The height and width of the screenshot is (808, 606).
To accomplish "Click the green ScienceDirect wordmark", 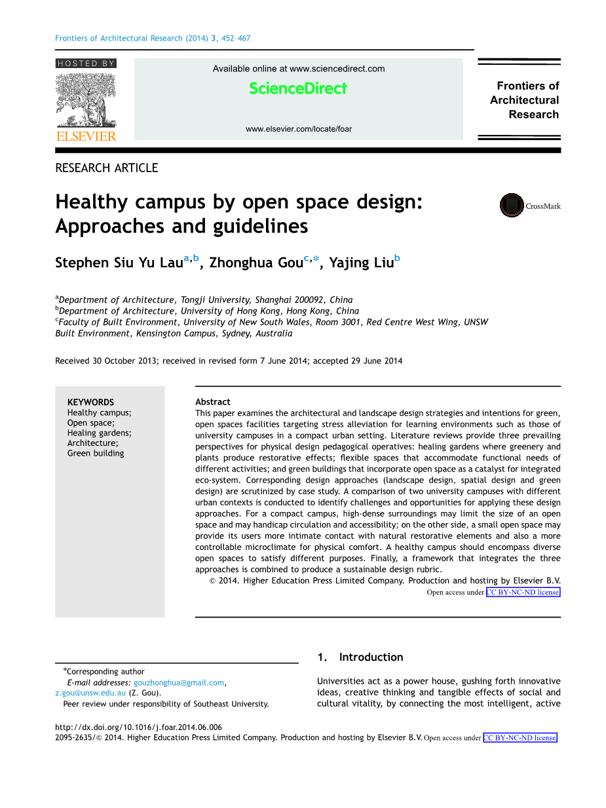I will pos(298,88).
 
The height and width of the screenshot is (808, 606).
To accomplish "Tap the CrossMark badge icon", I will pos(512,206).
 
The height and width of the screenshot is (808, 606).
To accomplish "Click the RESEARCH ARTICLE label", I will pos(107,168).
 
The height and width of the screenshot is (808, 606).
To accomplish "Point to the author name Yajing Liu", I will pos(361,263).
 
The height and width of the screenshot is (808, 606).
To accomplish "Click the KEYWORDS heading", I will pos(90,402).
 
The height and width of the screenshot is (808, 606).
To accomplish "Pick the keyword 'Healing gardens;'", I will pos(99,433).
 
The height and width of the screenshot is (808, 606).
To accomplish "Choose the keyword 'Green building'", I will pos(96,453).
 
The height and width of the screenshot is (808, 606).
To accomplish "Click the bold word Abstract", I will pos(213,401).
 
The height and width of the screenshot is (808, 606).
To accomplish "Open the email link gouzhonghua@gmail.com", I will pos(179,682).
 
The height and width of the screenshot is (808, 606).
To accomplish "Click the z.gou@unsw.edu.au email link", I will pos(90,693).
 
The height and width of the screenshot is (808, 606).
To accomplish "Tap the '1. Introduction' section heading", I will pos(360,657).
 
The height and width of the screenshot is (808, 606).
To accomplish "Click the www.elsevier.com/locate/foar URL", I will pos(299,129).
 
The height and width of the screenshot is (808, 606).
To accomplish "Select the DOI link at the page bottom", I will pos(138,727).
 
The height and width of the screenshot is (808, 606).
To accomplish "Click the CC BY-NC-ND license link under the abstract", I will pos(523,593).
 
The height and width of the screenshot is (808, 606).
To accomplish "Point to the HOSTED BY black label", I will pos(86,64).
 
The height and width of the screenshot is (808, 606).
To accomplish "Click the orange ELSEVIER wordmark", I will pos(86,136).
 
